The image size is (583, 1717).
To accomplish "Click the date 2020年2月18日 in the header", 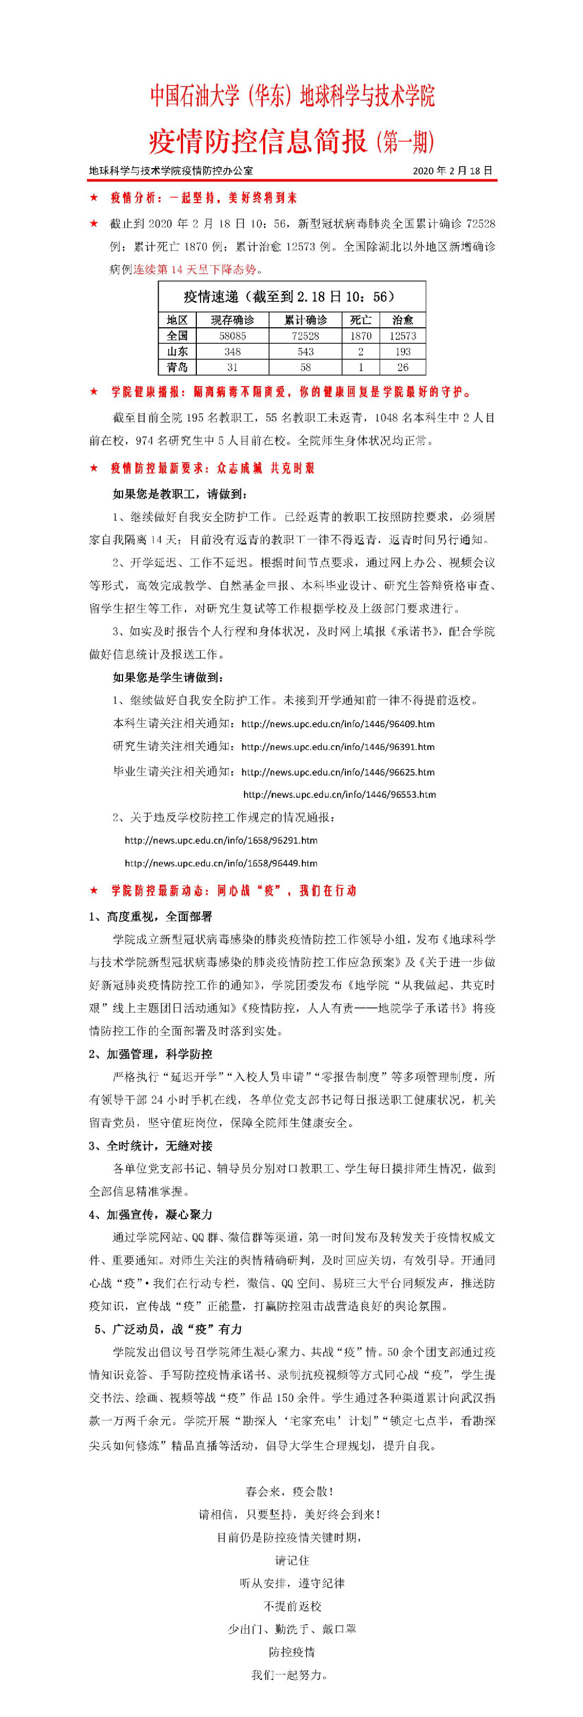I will click(x=453, y=171).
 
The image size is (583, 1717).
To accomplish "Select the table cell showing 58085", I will click(x=232, y=336).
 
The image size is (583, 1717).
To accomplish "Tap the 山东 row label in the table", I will click(x=177, y=351).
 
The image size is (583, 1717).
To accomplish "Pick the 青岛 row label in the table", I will click(x=177, y=367).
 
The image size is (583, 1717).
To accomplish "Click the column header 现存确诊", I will click(x=232, y=320).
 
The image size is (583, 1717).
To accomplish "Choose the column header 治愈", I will click(x=403, y=320).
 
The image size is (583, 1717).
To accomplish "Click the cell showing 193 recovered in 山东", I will click(x=403, y=351).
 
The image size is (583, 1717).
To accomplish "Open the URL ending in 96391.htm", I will click(x=338, y=746).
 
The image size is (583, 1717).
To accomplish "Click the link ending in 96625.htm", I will click(x=338, y=772).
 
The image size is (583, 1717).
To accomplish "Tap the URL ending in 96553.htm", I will click(x=339, y=795).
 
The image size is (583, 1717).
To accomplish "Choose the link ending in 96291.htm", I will click(x=221, y=841).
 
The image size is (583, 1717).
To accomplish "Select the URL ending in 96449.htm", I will click(x=221, y=863).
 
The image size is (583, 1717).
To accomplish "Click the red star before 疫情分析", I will click(x=94, y=198).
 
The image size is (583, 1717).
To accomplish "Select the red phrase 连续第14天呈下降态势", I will click(x=195, y=269).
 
